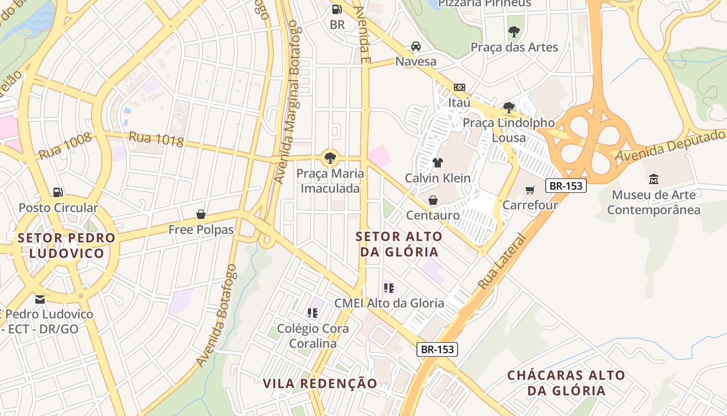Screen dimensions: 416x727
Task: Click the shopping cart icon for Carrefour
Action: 530,190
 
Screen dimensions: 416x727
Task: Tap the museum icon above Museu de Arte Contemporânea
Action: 654,179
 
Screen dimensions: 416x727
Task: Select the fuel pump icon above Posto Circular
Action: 58,192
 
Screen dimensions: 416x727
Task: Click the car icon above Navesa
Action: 416,46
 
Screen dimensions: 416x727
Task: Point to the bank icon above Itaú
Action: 460,87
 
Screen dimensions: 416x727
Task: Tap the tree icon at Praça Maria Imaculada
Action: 330,158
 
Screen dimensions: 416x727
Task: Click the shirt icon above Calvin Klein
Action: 438,163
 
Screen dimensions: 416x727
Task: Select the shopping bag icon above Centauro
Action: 433,200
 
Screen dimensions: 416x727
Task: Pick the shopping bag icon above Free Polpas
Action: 201,214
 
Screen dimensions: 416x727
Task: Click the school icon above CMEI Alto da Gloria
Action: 389,288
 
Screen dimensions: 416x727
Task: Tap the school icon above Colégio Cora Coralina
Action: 313,313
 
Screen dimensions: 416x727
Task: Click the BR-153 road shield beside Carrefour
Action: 566,186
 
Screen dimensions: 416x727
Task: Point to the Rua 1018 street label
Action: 156,139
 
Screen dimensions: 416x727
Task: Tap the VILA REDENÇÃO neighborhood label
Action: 320,384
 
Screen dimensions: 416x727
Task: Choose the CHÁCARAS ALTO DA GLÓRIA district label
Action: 566,383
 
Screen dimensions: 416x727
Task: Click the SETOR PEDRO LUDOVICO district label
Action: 66,245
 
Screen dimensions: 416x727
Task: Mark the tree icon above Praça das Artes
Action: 514,32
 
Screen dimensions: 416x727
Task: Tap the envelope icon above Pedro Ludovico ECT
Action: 40,300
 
